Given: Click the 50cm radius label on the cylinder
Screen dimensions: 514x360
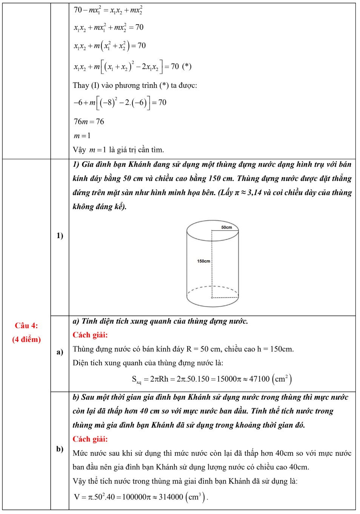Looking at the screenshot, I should point(226,227).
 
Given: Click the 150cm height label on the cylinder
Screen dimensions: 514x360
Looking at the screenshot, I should point(203,261).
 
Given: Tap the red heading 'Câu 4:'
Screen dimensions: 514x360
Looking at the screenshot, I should point(26,325).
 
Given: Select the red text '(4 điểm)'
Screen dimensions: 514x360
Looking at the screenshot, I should point(26,339).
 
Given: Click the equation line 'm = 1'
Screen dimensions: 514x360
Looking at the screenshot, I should point(82,135).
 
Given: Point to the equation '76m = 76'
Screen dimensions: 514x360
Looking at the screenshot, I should point(89,122).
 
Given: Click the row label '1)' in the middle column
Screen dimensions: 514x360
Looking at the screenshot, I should point(60,235).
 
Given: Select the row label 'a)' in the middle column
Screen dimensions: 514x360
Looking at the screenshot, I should point(60,352).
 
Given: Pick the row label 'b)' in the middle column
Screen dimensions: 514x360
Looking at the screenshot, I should point(60,449).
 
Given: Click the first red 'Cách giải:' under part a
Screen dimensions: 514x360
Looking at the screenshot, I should point(90,335).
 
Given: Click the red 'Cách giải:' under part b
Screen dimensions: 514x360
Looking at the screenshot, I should point(90,439).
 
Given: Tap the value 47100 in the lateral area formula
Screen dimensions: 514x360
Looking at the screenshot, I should point(259,379).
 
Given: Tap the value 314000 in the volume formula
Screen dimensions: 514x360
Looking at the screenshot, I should point(171,497).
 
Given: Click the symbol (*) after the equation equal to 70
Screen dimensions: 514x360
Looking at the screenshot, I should point(187,66).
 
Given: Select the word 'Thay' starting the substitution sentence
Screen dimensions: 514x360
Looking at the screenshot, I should point(81,85).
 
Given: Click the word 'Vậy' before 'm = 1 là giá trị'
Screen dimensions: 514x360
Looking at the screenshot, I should point(79,150).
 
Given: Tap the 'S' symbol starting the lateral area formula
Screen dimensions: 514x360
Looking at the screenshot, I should point(134,379).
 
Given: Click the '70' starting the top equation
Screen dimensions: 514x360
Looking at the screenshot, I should point(78,10).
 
